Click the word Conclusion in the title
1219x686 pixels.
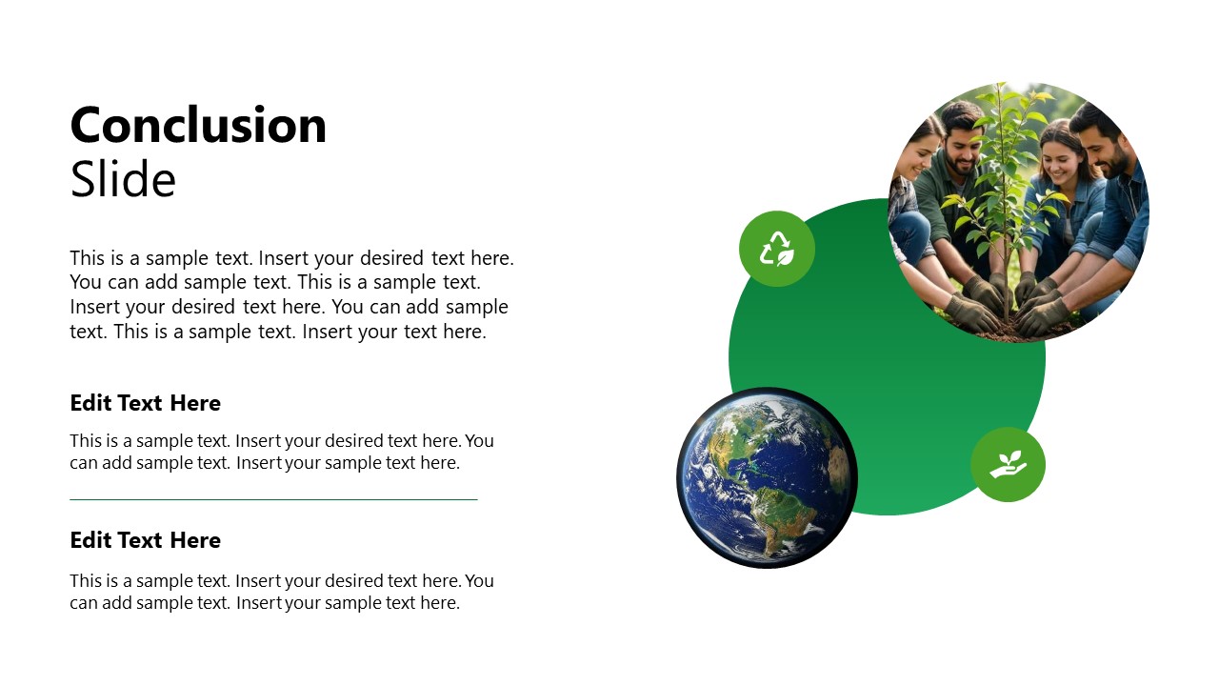click(198, 126)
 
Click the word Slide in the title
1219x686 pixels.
click(123, 179)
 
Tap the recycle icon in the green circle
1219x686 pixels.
click(777, 249)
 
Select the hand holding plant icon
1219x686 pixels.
click(1008, 464)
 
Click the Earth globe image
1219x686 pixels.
click(768, 478)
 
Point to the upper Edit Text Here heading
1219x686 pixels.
click(146, 403)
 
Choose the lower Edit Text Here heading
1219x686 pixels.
click(146, 540)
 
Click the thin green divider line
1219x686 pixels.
click(273, 499)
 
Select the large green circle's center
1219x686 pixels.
click(887, 356)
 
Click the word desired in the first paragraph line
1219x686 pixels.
click(391, 258)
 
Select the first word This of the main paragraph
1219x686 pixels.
click(87, 258)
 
